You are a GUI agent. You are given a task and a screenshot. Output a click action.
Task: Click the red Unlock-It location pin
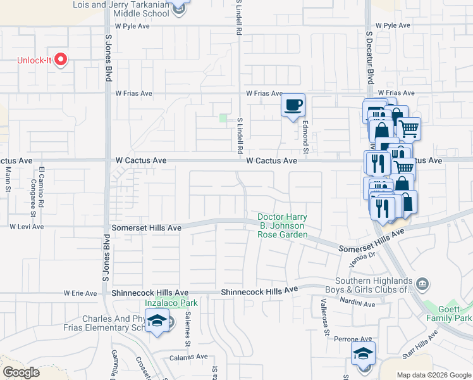(61, 60)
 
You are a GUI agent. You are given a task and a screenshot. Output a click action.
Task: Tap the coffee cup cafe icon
(293, 105)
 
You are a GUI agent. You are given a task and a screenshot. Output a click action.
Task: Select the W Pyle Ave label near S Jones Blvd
(132, 26)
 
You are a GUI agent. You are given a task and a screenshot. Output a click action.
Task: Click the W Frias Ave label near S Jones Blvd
(133, 93)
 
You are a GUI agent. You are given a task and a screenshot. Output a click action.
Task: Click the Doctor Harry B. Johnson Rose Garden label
(282, 226)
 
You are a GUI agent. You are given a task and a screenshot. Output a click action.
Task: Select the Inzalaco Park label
(171, 303)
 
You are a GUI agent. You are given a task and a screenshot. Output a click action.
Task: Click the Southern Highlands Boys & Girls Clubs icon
(422, 282)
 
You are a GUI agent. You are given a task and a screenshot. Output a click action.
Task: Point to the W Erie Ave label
(80, 293)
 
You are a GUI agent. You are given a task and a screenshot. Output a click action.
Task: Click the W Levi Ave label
(27, 226)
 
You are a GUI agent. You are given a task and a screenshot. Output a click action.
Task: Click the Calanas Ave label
(188, 357)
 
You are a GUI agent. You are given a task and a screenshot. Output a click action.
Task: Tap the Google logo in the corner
(21, 372)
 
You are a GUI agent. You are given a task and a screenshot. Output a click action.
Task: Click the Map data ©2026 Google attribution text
(433, 375)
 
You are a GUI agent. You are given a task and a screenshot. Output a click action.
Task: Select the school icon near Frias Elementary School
(156, 321)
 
